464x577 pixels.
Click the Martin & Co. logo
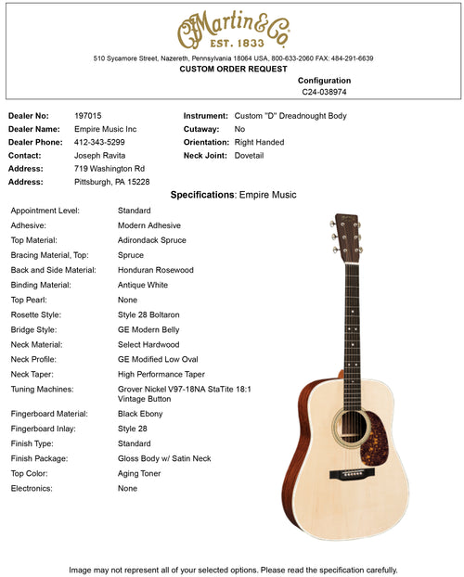(x=233, y=32)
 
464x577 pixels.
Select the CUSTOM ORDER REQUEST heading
(x=233, y=70)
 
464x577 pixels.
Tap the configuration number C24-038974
(x=324, y=92)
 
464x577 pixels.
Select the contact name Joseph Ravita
(x=100, y=156)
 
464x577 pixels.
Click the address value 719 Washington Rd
(x=110, y=169)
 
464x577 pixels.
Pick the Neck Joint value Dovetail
(x=249, y=156)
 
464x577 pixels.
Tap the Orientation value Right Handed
(x=259, y=142)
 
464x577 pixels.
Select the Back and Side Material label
(x=53, y=270)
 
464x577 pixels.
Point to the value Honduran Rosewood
(x=156, y=270)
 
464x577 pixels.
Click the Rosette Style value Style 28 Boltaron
(x=148, y=314)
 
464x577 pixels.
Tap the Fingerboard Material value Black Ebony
(x=143, y=414)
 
